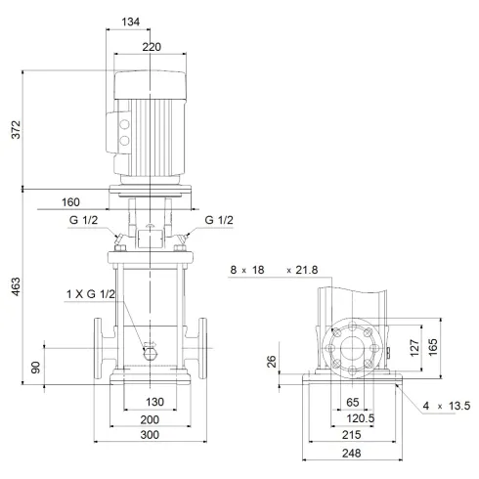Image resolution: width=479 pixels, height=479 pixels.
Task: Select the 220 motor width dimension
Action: click(x=151, y=45)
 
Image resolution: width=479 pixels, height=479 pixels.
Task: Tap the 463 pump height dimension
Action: click(x=13, y=291)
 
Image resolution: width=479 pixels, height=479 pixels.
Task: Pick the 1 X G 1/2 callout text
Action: click(x=90, y=294)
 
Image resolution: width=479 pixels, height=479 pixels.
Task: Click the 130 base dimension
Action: click(x=153, y=402)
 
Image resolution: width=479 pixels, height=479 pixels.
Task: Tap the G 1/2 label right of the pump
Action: click(x=219, y=220)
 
